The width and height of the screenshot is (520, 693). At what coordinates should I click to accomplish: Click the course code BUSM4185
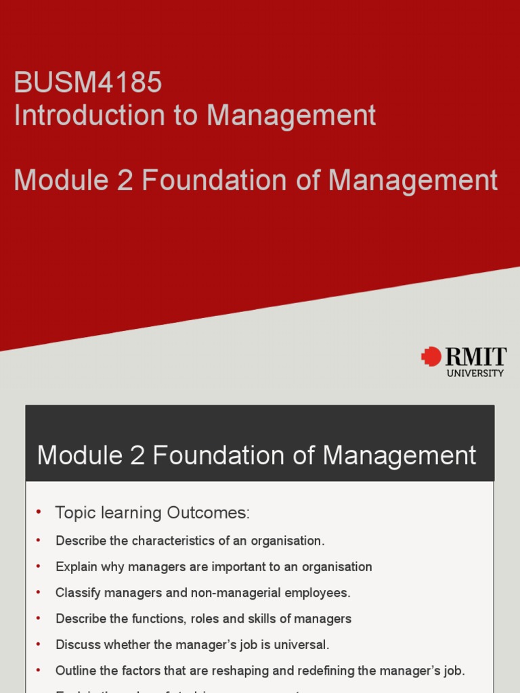[x=88, y=83]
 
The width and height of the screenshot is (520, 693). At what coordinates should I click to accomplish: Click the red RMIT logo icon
[x=431, y=356]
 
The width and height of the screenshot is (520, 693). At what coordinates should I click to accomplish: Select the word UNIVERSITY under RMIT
[x=475, y=373]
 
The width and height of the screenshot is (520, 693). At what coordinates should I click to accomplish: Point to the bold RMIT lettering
[x=475, y=356]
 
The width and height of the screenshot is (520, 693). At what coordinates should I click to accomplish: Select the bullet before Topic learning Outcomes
[x=39, y=512]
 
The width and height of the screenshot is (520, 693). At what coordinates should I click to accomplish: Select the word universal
[x=302, y=644]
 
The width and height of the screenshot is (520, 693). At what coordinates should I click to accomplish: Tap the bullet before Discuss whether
[x=39, y=644]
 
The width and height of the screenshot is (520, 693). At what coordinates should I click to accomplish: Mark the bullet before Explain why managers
[x=39, y=566]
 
